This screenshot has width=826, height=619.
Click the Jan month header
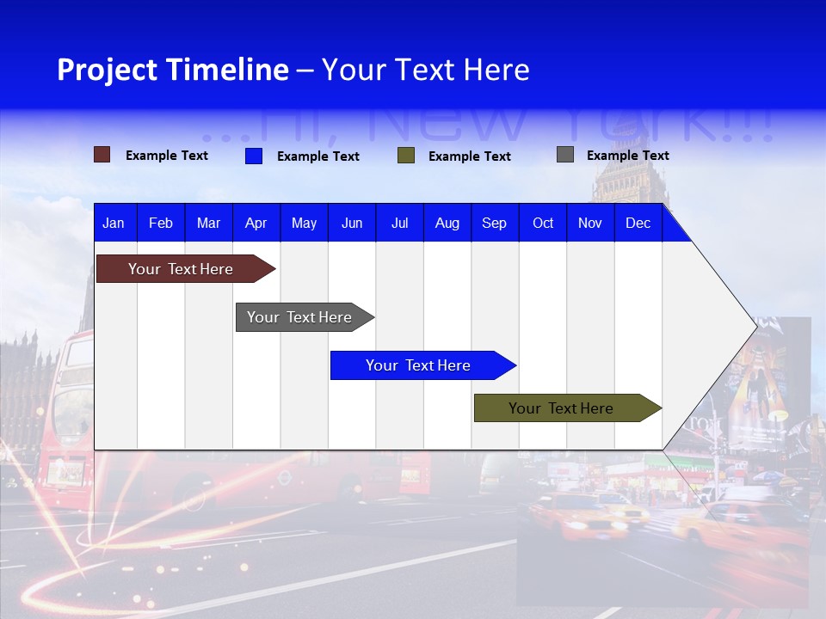pyautogui.click(x=114, y=224)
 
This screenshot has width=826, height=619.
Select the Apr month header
pyautogui.click(x=256, y=224)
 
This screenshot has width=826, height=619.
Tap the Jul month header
pyautogui.click(x=399, y=224)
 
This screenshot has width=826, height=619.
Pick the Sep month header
pyautogui.click(x=494, y=224)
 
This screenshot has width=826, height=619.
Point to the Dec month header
pyautogui.click(x=638, y=224)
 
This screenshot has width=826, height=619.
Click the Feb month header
pyautogui.click(x=161, y=224)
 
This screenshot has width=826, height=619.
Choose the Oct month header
pyautogui.click(x=543, y=224)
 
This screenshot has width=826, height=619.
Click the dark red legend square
pyautogui.click(x=102, y=155)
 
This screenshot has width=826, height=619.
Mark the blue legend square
pyautogui.click(x=254, y=156)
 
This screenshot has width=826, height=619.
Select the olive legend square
pyautogui.click(x=406, y=156)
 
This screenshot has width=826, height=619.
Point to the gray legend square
pyautogui.click(x=565, y=155)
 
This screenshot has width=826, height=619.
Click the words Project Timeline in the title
pyautogui.click(x=173, y=70)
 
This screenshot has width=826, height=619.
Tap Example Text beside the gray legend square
pyautogui.click(x=627, y=156)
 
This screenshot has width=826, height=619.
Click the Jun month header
pyautogui.click(x=352, y=224)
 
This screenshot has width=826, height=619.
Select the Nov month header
pyautogui.click(x=590, y=224)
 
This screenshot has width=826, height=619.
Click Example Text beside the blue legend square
pyautogui.click(x=317, y=156)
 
